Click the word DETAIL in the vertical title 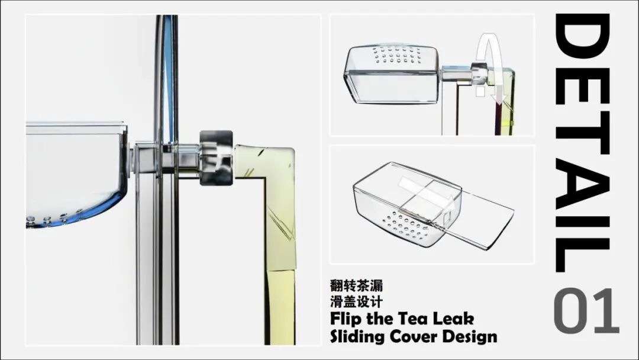tap(583, 143)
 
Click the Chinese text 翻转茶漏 tap(357, 285)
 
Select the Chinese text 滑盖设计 tap(357, 302)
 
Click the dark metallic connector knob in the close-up tap(216, 157)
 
